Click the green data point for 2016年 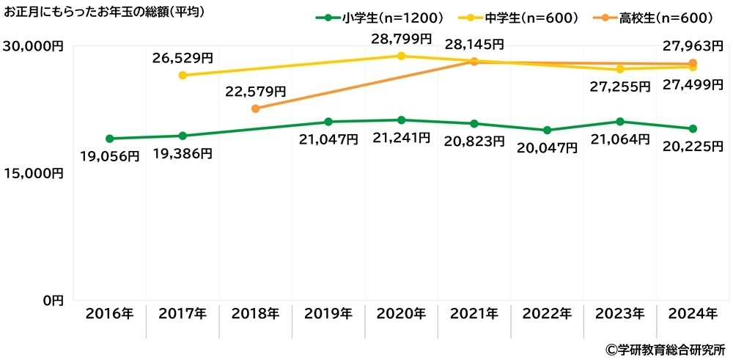pos(109,139)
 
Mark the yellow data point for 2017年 pos(183,76)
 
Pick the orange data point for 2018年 pos(255,109)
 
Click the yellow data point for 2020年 pos(401,56)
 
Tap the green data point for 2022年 pos(547,131)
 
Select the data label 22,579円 pos(256,92)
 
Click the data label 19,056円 pos(110,155)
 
